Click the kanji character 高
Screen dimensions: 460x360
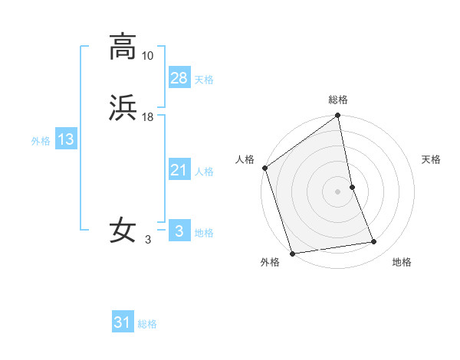(x=123, y=47)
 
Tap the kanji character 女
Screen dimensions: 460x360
(x=123, y=230)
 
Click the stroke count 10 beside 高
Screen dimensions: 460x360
(x=148, y=56)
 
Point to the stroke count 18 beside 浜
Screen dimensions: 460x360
(x=148, y=117)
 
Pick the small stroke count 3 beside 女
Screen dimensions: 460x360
(x=148, y=240)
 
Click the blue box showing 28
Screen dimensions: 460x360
(x=179, y=78)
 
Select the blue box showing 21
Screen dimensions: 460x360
(x=179, y=170)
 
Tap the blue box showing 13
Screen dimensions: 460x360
(x=66, y=139)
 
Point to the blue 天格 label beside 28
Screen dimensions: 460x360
(x=204, y=80)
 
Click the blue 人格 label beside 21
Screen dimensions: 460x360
(x=204, y=172)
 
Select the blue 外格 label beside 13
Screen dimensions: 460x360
(x=41, y=141)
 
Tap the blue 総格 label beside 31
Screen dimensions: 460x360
(x=147, y=324)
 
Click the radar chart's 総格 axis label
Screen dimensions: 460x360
(x=338, y=100)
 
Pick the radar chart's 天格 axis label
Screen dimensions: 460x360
(x=432, y=159)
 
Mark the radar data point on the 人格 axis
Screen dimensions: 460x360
(x=264, y=168)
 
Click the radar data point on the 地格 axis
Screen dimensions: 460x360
(x=374, y=242)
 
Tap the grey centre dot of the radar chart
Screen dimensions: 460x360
(x=337, y=191)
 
